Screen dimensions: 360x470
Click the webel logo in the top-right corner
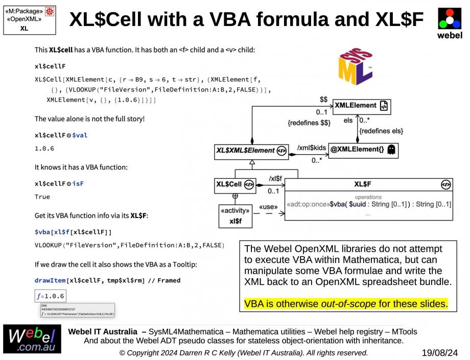[x=450, y=22]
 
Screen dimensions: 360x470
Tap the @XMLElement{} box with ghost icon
[x=363, y=150]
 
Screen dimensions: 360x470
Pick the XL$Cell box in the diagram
[x=234, y=184]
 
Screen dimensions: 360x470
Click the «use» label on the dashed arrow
[x=268, y=207]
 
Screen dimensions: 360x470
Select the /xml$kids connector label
[x=311, y=147]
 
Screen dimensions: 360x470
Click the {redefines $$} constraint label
[x=310, y=123]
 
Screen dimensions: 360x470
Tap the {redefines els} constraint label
[x=381, y=131]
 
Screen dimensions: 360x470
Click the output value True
[x=42, y=197]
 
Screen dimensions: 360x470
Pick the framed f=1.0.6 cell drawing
[x=48, y=296]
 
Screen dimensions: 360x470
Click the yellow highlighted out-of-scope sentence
[x=346, y=304]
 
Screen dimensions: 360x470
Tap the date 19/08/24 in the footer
[x=440, y=352]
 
